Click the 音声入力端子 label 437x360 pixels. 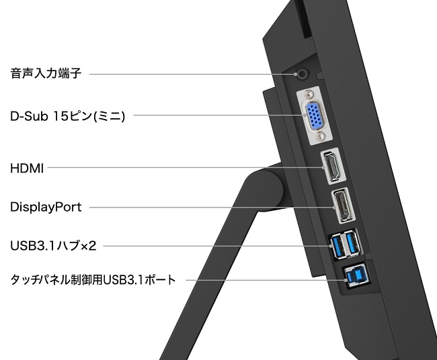coord(46,73)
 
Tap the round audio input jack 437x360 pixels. coord(303,73)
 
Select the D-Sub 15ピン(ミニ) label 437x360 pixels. coord(67,116)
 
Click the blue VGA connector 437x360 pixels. coord(315,116)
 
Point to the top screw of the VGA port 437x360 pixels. coord(309,94)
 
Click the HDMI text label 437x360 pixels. coord(27,168)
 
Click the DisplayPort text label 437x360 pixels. coord(46,207)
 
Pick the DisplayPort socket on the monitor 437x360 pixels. coord(343,206)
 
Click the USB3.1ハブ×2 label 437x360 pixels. coord(53,246)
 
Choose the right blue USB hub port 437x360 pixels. coord(352,242)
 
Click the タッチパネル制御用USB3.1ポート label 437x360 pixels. coord(93,279)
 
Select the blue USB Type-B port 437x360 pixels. coord(358,277)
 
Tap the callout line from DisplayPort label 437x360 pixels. coord(212,207)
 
